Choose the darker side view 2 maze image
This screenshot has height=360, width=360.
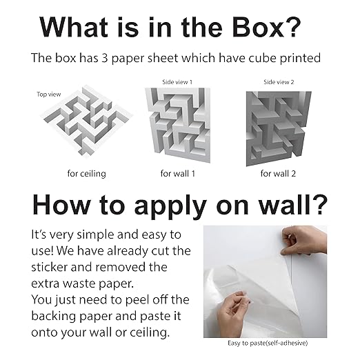279,126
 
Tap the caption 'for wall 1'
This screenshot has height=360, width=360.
177,173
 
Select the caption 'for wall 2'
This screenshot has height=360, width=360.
279,173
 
